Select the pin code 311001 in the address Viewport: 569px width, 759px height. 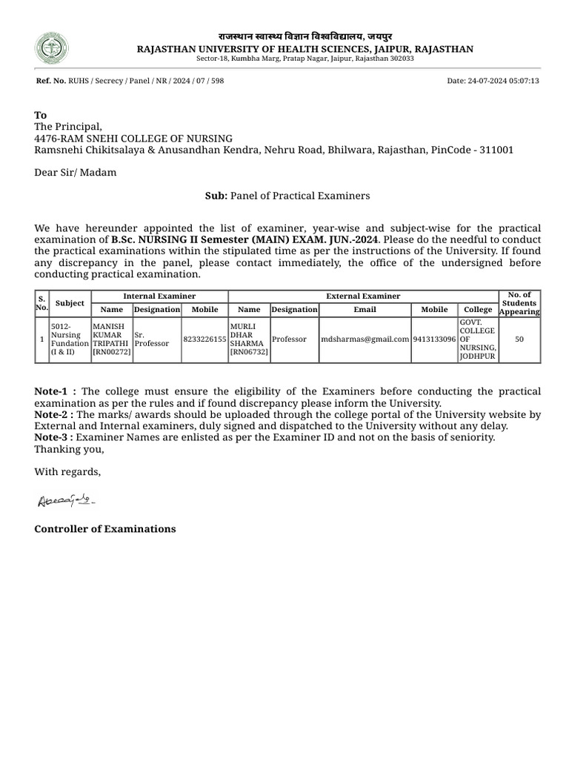496,150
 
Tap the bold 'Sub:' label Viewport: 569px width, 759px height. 216,196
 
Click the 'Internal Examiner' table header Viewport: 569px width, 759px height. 159,296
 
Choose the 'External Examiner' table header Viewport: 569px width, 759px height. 363,296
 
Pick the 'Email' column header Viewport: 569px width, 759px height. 365,310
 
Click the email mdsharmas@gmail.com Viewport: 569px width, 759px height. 365,339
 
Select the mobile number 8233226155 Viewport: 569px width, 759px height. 204,339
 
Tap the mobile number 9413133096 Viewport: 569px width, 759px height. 434,339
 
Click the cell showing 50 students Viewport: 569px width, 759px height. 519,339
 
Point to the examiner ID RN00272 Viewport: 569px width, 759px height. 111,352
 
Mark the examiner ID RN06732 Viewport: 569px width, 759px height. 250,352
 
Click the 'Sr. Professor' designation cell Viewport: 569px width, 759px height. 151,339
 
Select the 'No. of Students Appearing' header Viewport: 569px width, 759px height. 519,303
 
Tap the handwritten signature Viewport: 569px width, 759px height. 66,502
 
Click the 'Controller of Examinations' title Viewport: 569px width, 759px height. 105,528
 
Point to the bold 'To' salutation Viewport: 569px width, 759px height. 41,115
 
